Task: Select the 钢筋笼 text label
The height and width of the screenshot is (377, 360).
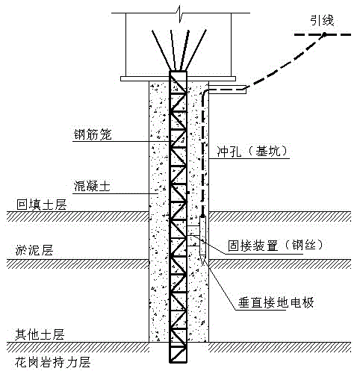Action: point(90,136)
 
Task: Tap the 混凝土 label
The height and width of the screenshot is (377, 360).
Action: point(90,186)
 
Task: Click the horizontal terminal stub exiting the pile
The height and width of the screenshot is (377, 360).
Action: point(228,90)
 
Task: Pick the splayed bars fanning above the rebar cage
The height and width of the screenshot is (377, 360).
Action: point(179,49)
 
